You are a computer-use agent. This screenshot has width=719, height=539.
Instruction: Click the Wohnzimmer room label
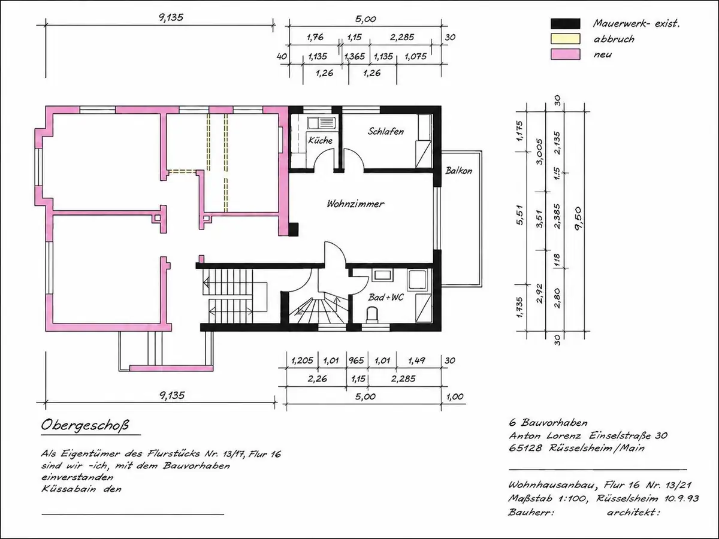pos(355,204)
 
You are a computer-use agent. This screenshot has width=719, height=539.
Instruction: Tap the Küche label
pos(320,140)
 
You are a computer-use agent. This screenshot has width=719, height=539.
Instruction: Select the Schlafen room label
pos(385,131)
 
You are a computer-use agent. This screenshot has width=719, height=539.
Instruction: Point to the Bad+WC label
pos(386,297)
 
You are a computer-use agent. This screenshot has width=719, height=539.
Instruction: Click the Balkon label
pos(458,171)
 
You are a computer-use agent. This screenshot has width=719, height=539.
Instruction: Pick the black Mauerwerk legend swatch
pos(566,23)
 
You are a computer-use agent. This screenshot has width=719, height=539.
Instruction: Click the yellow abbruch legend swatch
pos(566,38)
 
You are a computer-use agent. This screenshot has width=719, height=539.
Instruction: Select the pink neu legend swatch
pos(566,54)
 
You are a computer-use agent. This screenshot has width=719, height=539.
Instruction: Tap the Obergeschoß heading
pos(85,425)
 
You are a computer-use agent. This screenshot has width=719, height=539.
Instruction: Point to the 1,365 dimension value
pos(355,57)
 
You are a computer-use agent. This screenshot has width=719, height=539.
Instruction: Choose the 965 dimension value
pos(356,361)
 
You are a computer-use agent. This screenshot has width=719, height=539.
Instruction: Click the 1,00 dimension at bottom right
pos(455,396)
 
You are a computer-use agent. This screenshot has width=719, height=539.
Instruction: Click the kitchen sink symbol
pos(322,123)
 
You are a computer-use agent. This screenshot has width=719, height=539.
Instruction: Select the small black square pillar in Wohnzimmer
pos(294,229)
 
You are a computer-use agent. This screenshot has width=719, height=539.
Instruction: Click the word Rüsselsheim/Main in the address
pos(597,448)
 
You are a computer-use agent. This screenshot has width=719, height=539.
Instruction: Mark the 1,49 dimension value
pos(416,361)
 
